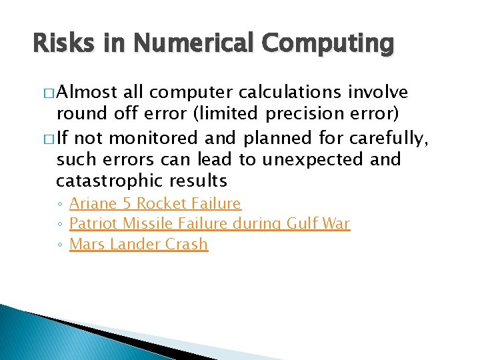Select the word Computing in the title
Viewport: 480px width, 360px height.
pos(328,45)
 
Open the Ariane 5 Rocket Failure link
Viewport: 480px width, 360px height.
pos(155,203)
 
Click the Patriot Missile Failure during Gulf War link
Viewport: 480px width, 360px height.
pos(209,223)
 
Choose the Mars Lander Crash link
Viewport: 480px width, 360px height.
pos(139,244)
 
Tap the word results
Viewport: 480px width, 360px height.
pos(198,181)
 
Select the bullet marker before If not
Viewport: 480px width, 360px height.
pos(48,138)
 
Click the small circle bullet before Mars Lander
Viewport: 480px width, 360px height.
pos(59,245)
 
